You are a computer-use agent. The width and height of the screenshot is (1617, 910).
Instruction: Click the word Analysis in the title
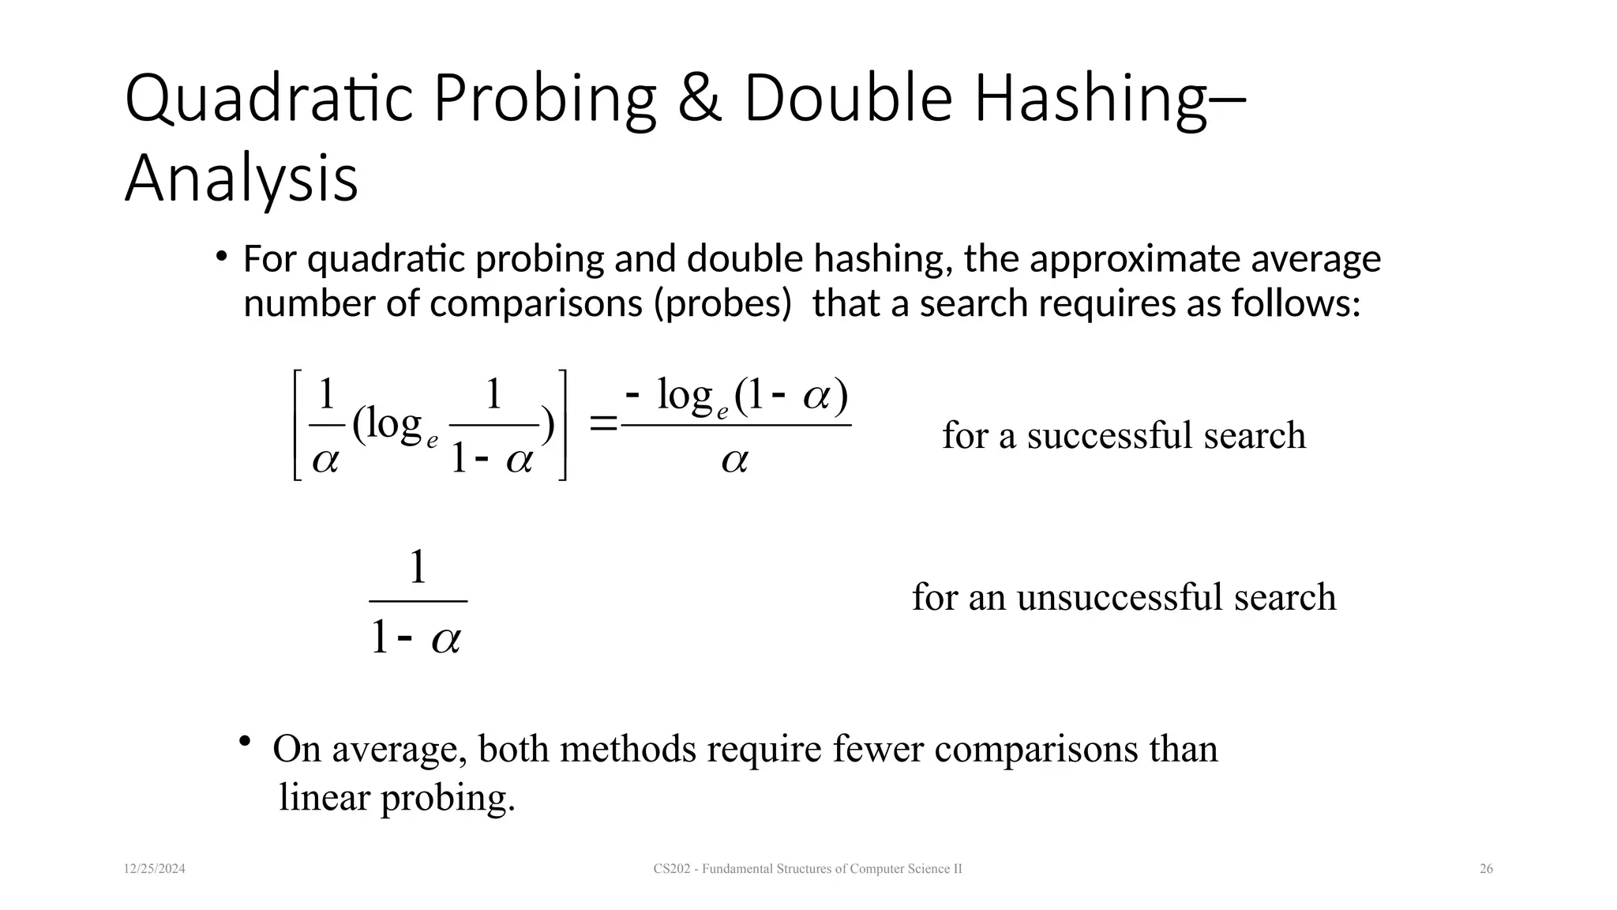click(242, 179)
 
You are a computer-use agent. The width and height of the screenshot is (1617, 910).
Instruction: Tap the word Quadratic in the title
click(268, 100)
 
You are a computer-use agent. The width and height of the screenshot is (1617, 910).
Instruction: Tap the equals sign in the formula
click(604, 425)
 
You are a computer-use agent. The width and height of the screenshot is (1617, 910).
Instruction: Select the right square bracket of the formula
click(562, 425)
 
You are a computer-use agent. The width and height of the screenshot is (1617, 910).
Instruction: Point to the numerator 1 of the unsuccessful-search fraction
click(418, 568)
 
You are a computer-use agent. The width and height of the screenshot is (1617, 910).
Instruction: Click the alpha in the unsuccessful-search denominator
click(445, 638)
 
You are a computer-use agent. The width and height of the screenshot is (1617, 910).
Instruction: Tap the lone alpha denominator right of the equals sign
click(734, 461)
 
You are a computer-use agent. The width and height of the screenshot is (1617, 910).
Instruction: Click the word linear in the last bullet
click(325, 798)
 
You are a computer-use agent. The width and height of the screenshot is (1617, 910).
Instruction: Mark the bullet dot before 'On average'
click(245, 742)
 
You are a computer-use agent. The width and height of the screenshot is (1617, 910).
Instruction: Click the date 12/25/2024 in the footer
click(155, 869)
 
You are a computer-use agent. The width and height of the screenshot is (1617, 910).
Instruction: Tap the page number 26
click(1486, 869)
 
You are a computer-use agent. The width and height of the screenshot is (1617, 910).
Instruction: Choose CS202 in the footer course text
click(670, 869)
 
